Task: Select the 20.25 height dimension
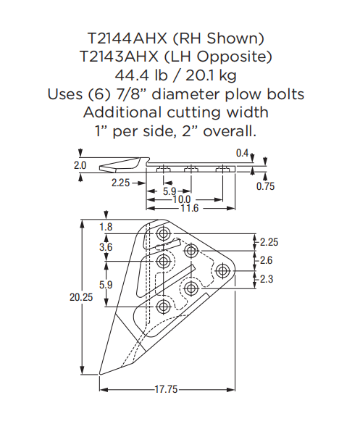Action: [x=81, y=297]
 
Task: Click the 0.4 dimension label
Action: [x=242, y=154]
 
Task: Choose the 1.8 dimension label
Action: [x=106, y=228]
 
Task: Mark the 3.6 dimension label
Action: [x=106, y=247]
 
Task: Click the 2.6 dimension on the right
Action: [x=266, y=260]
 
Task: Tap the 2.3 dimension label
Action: [x=266, y=278]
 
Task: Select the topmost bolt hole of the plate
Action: [x=163, y=234]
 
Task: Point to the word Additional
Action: [x=122, y=112]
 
